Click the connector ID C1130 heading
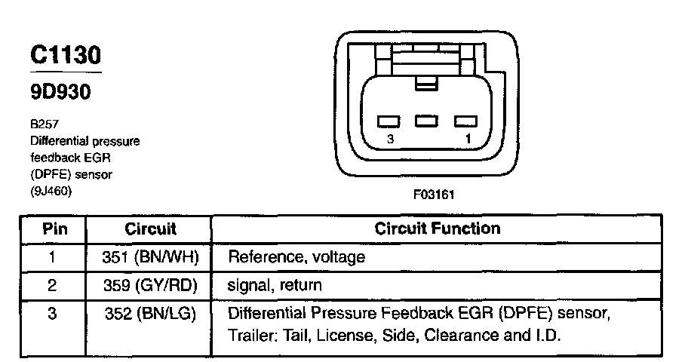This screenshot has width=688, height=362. click(x=65, y=55)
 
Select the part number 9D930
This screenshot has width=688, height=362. click(x=60, y=93)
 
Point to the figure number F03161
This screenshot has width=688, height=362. click(x=434, y=194)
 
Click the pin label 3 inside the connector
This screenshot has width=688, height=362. click(x=389, y=140)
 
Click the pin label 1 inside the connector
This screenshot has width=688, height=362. click(x=468, y=140)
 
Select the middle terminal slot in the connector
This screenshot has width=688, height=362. click(x=427, y=120)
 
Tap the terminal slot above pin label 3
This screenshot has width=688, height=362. click(x=390, y=121)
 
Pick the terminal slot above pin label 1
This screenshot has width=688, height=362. click(x=465, y=121)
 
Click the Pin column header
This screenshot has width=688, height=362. click(x=52, y=229)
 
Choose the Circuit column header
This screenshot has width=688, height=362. click(x=149, y=229)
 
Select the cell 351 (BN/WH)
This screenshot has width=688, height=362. click(x=149, y=257)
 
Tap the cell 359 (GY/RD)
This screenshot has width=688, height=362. click(x=149, y=286)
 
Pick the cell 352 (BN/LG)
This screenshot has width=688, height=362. click(x=149, y=313)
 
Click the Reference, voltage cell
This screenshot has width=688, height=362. click(x=296, y=257)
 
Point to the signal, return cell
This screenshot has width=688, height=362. click(x=275, y=286)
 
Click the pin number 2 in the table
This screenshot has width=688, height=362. click(x=52, y=286)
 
